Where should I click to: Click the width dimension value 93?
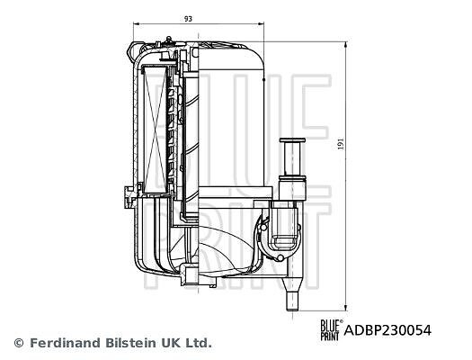pos(188,19)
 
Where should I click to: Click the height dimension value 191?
pos(341,144)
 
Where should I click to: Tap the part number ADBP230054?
pos(387,330)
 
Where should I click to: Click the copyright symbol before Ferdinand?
pos(19,343)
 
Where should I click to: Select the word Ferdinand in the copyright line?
pos(65,343)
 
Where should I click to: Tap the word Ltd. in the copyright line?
pos(198,343)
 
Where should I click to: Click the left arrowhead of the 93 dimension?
pos(135,23)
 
